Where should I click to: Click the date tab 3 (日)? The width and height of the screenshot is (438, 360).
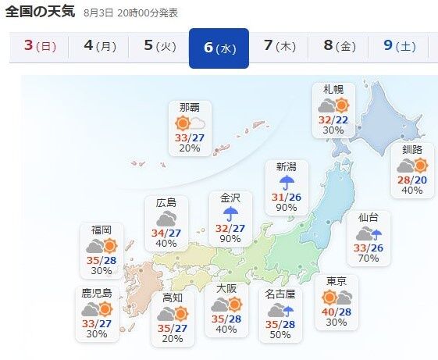point(40,46)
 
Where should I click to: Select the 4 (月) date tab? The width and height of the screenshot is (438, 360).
point(99,46)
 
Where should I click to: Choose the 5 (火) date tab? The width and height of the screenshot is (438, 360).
point(159,46)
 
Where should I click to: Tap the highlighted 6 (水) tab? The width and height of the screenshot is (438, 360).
point(219,48)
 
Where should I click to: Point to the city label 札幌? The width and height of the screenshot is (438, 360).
point(333,90)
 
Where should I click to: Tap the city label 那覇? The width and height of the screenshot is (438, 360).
point(189,108)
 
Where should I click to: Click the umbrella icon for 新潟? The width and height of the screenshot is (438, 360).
point(287,182)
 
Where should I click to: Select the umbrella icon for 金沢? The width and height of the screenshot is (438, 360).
point(230,213)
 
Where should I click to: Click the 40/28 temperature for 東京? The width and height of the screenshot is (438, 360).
point(335,312)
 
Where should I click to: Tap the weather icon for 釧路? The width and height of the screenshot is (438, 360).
point(412,166)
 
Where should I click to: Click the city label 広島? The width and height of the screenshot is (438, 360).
point(166,203)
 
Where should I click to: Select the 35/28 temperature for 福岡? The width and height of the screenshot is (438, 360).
point(101,260)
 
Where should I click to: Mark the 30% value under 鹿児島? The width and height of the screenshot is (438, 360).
point(97,334)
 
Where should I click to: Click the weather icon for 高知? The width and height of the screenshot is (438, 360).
point(173,314)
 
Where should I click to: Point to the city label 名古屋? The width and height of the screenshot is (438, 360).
point(279,294)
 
